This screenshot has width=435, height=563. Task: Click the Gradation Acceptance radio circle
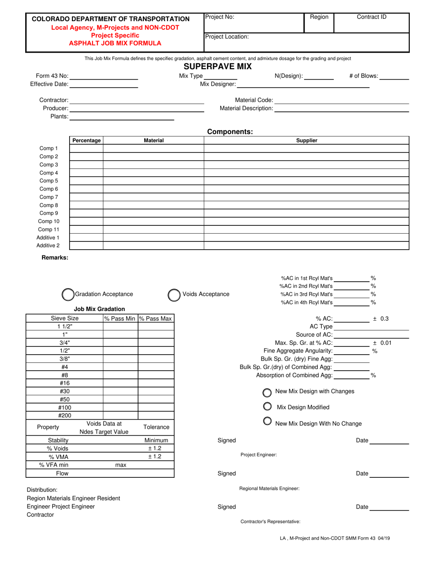point(67,294)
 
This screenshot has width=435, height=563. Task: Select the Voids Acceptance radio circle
point(174,295)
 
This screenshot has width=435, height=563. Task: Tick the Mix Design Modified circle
point(267,406)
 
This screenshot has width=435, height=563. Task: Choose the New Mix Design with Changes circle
point(267,393)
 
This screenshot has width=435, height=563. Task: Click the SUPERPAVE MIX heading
point(217,67)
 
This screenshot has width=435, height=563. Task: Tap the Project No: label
point(220,17)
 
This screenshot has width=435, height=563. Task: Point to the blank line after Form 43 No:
point(104,76)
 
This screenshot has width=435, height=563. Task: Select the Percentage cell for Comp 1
point(86,148)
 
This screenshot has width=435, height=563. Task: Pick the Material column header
point(153,141)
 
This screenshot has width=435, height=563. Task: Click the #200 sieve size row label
point(64,415)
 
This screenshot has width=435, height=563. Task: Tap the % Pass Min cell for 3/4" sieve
point(120,343)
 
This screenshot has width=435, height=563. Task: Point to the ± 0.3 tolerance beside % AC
point(381,318)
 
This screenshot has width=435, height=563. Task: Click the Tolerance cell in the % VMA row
point(156,456)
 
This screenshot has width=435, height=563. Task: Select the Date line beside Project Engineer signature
point(389,441)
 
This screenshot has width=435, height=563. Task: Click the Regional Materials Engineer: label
point(269,489)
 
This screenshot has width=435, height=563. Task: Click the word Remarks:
point(55,257)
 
